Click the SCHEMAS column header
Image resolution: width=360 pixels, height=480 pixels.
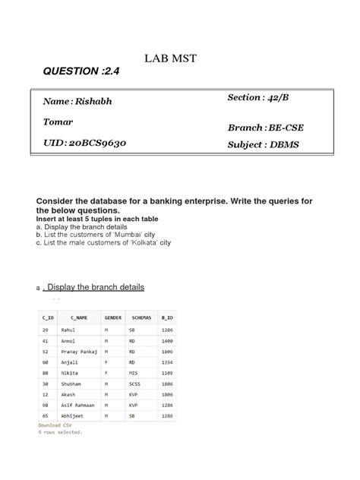click(x=142, y=316)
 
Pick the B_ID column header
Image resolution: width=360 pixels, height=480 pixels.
click(x=169, y=316)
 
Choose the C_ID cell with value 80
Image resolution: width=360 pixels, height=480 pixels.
click(x=46, y=374)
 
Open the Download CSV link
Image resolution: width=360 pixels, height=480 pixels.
click(x=54, y=425)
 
